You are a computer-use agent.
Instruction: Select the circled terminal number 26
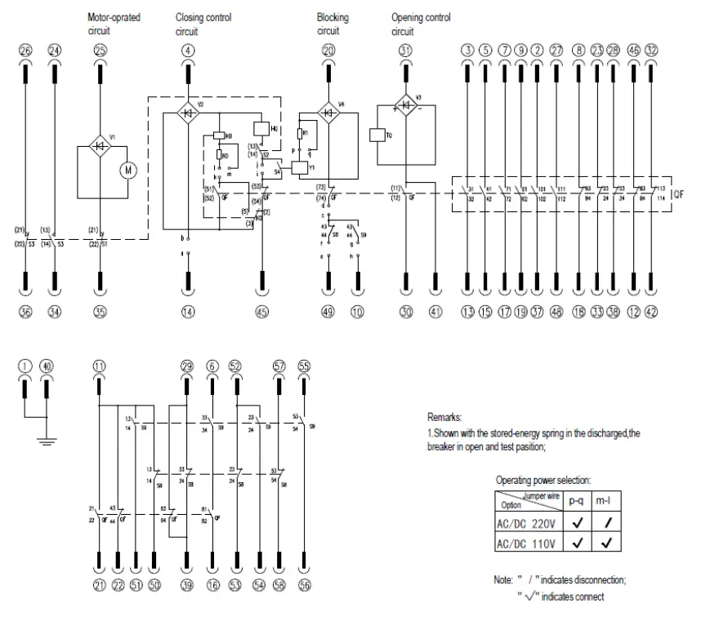(x=25, y=51)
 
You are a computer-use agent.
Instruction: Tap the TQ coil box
(x=377, y=135)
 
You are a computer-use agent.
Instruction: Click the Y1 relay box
(x=301, y=166)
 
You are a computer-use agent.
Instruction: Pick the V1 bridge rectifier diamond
(x=101, y=148)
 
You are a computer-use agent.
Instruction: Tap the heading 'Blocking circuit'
(x=332, y=24)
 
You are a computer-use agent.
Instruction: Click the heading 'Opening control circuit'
(x=420, y=24)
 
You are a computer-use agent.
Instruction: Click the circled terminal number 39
(x=187, y=585)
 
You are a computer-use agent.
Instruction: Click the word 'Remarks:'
(x=444, y=417)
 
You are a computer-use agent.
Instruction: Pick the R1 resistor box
(x=304, y=132)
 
